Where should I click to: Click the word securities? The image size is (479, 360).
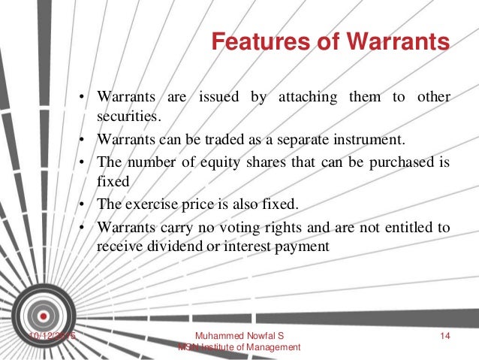point(128,117)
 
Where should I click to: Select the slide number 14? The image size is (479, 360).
point(443,335)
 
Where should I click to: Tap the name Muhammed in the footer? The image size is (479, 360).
point(214,335)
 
